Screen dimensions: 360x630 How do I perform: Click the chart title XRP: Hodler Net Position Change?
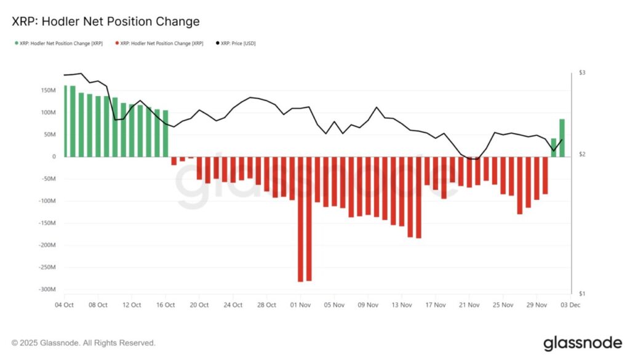(x=106, y=22)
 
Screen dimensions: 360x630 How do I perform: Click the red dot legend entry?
(x=161, y=43)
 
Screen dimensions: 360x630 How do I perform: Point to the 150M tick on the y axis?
(x=46, y=90)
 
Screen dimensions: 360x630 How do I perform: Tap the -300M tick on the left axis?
(x=46, y=290)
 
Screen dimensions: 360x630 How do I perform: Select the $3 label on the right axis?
(x=582, y=73)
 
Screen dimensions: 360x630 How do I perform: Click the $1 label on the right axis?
(x=582, y=294)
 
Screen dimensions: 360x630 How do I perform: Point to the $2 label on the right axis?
(x=582, y=155)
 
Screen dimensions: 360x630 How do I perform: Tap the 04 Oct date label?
(x=64, y=305)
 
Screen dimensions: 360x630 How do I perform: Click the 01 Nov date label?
(x=300, y=305)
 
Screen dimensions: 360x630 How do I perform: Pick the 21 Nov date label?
(x=469, y=305)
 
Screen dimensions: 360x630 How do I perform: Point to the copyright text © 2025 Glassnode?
(x=84, y=343)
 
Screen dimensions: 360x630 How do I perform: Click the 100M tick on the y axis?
(x=46, y=113)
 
